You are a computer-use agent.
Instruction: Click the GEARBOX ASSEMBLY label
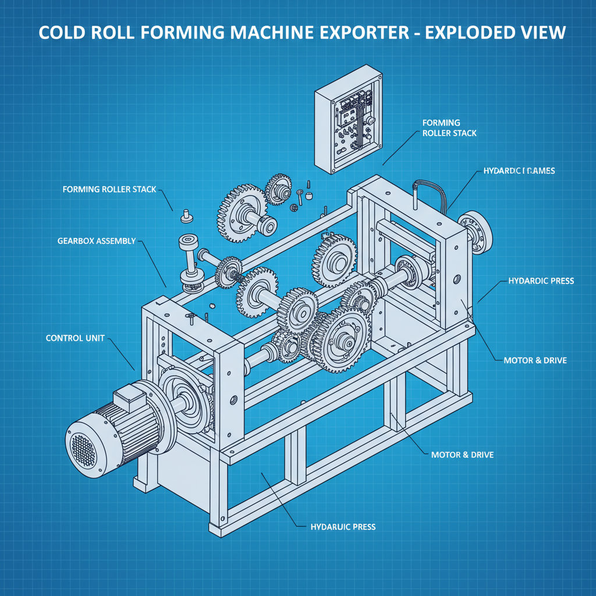pyautogui.click(x=97, y=240)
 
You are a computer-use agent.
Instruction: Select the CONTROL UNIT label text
pyautogui.click(x=75, y=338)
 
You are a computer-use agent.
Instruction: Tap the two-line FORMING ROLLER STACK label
pyautogui.click(x=449, y=128)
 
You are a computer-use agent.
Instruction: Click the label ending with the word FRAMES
pyautogui.click(x=519, y=171)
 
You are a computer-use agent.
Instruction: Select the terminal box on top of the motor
pyautogui.click(x=129, y=399)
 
